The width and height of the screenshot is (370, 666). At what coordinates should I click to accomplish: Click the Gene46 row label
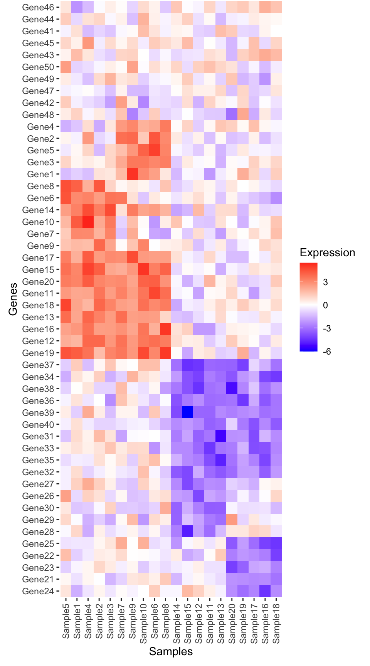click(38, 7)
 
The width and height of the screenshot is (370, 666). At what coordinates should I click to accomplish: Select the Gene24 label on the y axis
click(38, 591)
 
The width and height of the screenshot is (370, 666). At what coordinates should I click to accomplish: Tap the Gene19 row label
click(38, 353)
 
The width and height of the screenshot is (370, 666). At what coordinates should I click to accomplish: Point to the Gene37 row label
click(38, 365)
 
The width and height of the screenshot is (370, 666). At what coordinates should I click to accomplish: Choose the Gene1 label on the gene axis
click(40, 174)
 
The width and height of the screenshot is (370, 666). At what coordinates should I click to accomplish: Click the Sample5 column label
click(66, 621)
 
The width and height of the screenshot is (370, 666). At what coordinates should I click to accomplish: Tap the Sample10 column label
click(143, 622)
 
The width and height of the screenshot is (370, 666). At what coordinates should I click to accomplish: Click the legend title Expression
click(327, 253)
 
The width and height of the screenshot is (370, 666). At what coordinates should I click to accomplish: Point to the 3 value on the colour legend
click(326, 282)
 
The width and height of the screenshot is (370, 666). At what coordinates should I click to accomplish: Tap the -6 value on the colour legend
click(327, 351)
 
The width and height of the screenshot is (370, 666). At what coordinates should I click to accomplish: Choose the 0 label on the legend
click(326, 305)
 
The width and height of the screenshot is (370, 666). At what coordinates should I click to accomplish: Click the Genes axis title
click(13, 299)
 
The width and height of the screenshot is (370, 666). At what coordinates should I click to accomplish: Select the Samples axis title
click(171, 651)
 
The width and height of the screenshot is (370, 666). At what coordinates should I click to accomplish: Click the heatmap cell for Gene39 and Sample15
click(188, 413)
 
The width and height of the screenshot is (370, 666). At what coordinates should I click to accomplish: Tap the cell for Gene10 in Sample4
click(88, 222)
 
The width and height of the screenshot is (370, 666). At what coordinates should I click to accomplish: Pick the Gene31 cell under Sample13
click(221, 436)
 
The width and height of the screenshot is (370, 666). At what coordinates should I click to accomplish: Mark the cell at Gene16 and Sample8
click(165, 329)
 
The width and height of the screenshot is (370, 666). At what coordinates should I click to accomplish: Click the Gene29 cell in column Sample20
click(232, 520)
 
